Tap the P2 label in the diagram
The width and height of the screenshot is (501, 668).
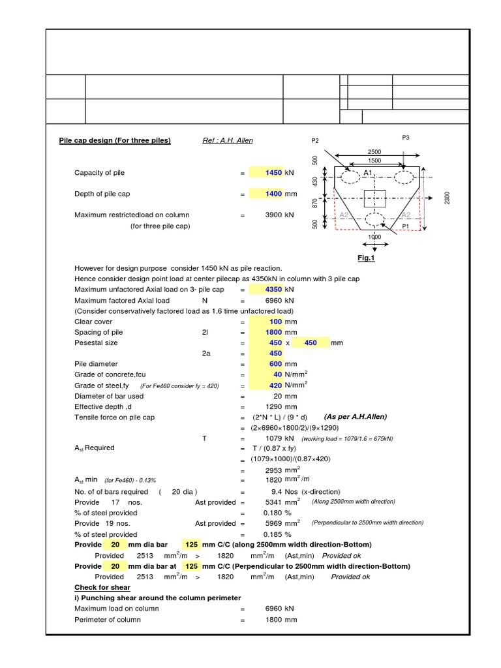pos(315,140)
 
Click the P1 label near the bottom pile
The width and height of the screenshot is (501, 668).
pos(405,226)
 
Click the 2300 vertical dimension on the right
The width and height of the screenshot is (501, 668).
pos(448,198)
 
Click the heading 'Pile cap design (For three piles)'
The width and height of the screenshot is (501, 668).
pos(115,140)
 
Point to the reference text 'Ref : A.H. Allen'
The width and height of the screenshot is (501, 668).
pos(228,140)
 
